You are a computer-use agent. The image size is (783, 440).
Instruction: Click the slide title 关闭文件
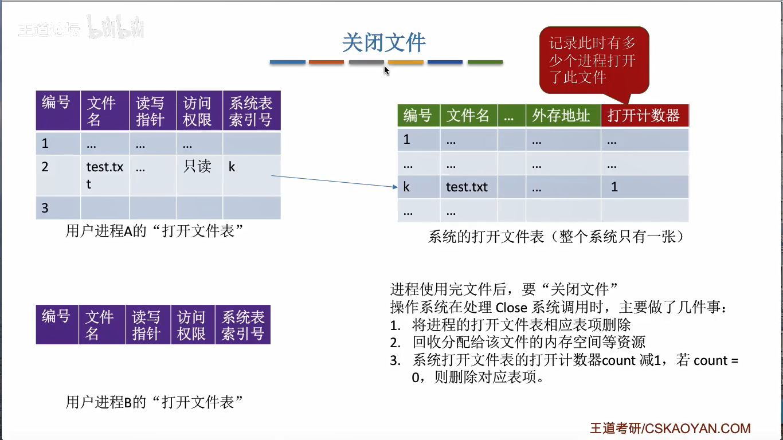click(384, 43)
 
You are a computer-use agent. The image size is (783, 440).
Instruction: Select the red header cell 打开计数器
click(644, 116)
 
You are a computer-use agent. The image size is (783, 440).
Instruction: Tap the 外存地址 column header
click(561, 116)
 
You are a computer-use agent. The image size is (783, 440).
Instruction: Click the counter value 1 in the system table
click(614, 187)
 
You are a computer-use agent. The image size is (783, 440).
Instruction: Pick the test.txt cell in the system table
click(467, 187)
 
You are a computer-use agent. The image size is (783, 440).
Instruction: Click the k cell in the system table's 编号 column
click(406, 187)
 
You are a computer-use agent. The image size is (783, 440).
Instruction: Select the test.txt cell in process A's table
click(104, 175)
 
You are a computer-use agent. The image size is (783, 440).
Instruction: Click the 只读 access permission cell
click(197, 167)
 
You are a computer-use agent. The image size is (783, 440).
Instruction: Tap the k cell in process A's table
click(232, 167)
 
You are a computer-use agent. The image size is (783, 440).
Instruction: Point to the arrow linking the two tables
click(332, 181)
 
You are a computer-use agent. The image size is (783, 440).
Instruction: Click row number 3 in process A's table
click(45, 208)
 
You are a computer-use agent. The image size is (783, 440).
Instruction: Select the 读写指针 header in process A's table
click(150, 111)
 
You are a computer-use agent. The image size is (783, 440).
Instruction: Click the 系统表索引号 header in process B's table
click(243, 325)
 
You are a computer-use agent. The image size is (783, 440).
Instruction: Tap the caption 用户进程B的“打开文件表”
click(155, 402)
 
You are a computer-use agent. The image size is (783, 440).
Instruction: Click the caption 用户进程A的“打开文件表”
click(155, 231)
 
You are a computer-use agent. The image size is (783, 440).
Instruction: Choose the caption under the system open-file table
click(556, 237)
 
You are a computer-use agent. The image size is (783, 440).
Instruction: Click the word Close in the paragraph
click(511, 308)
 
